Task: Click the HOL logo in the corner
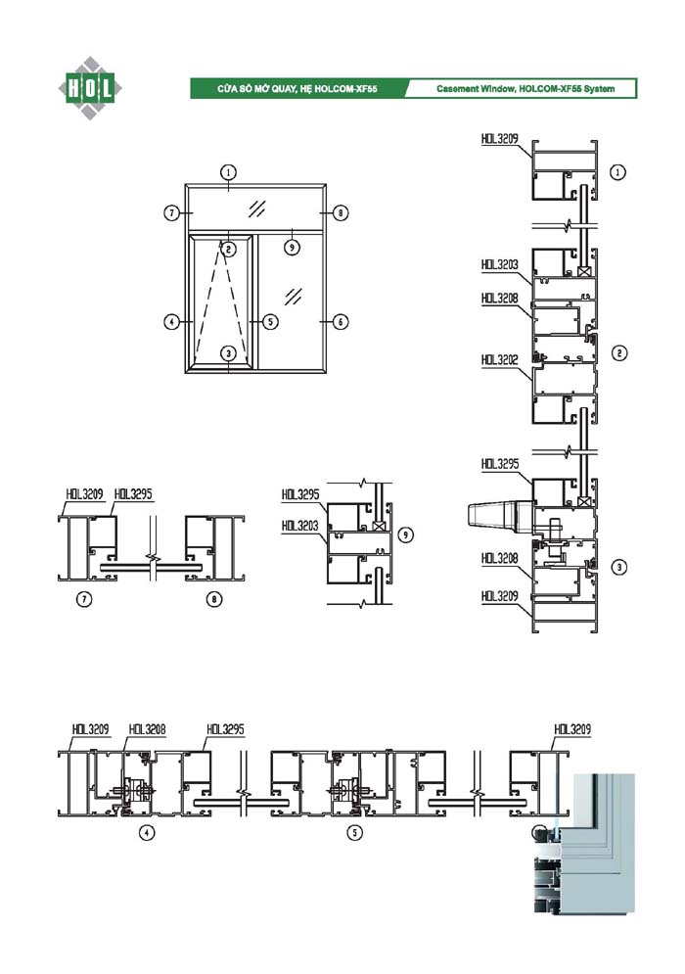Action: [x=89, y=88]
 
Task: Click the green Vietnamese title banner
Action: [x=297, y=89]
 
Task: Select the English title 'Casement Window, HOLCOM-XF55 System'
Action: [x=525, y=89]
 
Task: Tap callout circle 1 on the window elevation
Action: [x=228, y=171]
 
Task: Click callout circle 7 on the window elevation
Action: [x=171, y=211]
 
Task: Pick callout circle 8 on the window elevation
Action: [x=340, y=211]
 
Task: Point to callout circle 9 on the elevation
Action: [x=292, y=247]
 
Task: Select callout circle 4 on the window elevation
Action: [x=171, y=320]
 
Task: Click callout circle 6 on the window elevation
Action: [x=340, y=320]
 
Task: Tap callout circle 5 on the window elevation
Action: [x=271, y=320]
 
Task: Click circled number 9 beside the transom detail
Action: [x=407, y=534]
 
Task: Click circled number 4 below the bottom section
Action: [x=148, y=833]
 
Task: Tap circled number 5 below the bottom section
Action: [x=356, y=833]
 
